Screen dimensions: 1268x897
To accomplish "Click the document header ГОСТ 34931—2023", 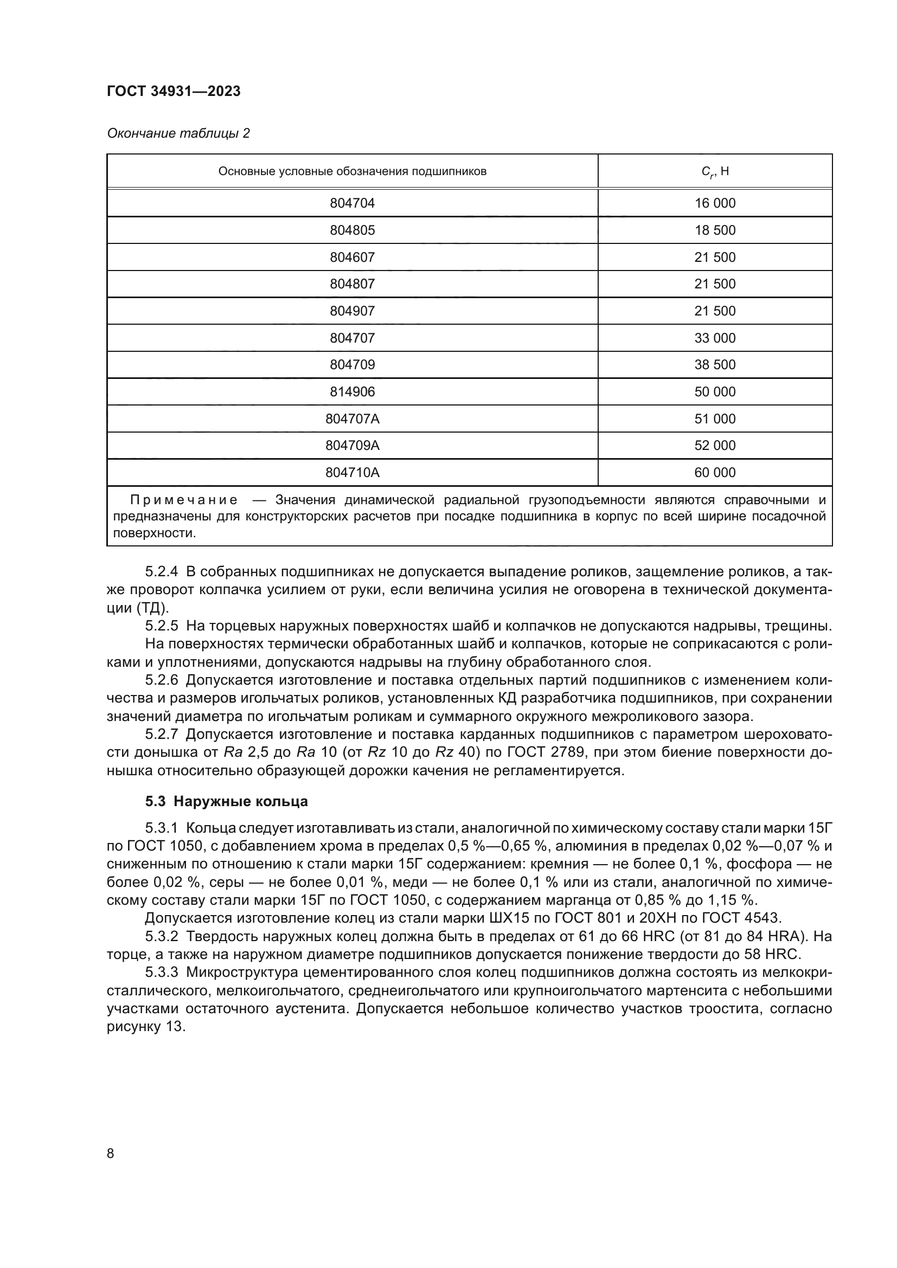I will click(x=174, y=91).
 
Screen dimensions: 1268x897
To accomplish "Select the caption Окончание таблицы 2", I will click(x=178, y=133).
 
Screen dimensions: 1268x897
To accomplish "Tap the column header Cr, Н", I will click(x=715, y=171).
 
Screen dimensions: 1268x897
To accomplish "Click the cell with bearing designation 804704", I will click(x=353, y=203).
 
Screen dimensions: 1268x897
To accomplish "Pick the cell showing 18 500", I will click(x=715, y=230).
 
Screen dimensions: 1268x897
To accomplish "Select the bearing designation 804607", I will click(x=353, y=258).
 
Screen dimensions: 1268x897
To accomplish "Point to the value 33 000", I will click(x=715, y=338).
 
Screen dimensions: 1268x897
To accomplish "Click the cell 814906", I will click(x=353, y=392).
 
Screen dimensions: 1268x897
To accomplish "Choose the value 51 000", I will click(x=715, y=419).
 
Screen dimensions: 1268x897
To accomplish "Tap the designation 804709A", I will click(x=353, y=446).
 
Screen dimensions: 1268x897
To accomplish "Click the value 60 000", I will click(x=715, y=473).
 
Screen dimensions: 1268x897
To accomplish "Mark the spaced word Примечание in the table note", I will click(x=184, y=500).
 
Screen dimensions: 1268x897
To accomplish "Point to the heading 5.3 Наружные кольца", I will click(x=227, y=801).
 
